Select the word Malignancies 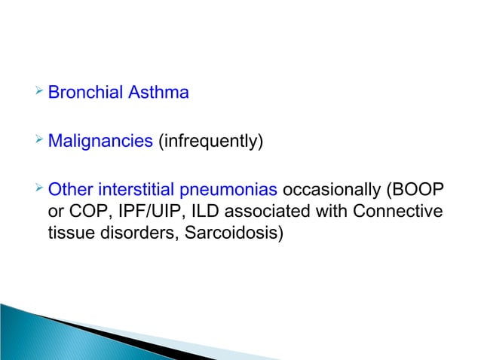100,141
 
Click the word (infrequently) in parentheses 210,141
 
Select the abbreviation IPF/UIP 146,212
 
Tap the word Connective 397,212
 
